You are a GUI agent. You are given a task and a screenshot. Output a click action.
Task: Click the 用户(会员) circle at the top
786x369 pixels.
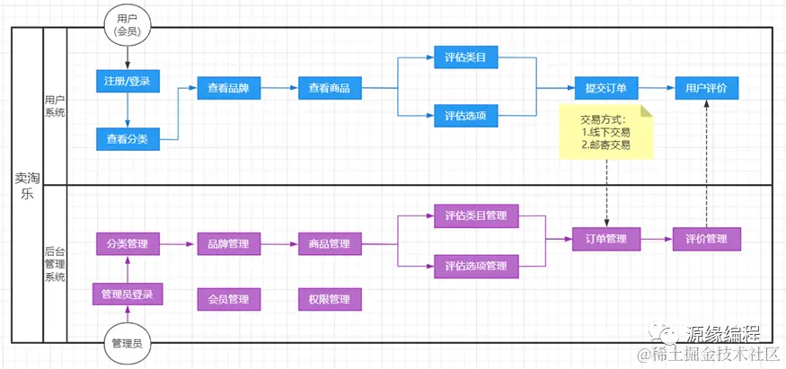tap(128, 24)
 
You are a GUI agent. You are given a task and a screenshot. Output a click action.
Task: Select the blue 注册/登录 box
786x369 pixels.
tap(127, 82)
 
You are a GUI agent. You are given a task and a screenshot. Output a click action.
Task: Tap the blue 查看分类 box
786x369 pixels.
tap(127, 138)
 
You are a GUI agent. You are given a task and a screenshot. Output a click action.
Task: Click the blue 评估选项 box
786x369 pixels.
tap(465, 116)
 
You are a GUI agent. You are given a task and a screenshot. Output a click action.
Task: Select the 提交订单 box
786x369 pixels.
tap(605, 88)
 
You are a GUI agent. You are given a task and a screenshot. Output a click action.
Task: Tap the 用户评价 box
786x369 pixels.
tap(706, 88)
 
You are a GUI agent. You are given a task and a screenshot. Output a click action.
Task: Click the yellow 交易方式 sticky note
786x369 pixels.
tap(605, 132)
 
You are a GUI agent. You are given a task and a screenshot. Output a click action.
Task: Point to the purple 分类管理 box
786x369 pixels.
tap(127, 243)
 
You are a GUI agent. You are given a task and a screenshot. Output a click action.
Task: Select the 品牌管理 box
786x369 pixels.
tap(228, 243)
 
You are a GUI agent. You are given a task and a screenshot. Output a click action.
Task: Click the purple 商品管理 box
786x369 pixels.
tap(329, 243)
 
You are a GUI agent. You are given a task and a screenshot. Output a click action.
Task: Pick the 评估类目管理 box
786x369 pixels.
tap(476, 215)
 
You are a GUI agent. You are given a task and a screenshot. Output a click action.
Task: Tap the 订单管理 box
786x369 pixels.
tap(605, 239)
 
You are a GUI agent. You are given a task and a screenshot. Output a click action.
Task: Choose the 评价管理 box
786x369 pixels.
tap(706, 239)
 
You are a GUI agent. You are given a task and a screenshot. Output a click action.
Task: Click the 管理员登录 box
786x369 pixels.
tap(127, 294)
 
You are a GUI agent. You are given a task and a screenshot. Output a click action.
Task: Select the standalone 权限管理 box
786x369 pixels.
tap(329, 299)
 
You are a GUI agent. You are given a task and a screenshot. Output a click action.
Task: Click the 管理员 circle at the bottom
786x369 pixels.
tap(127, 343)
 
